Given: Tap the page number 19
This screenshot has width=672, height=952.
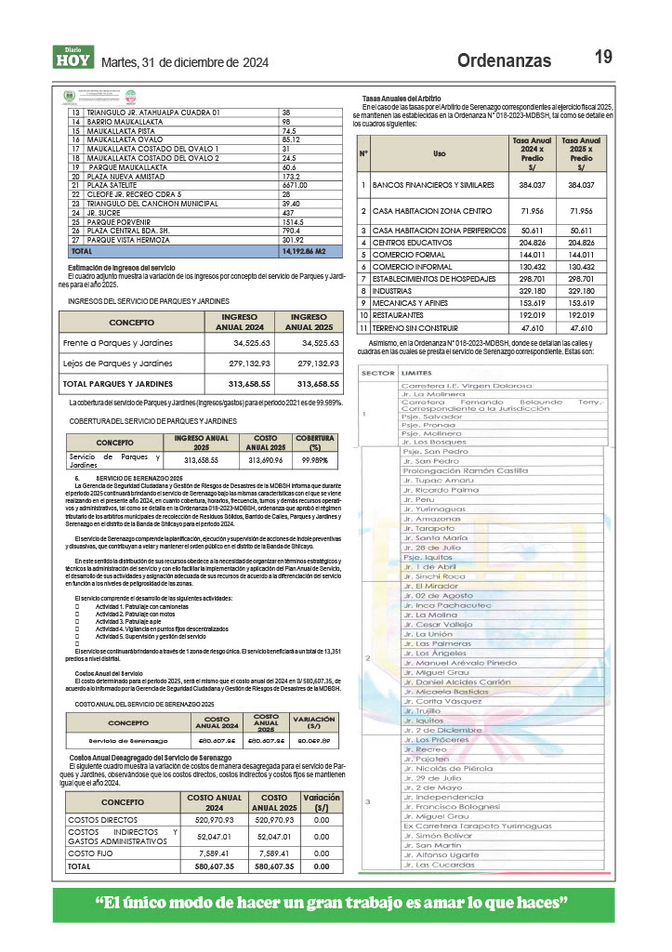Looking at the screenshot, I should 603,58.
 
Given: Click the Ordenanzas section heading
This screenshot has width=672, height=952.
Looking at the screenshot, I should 504,61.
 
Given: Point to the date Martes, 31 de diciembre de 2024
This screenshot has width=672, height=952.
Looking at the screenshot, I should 184,62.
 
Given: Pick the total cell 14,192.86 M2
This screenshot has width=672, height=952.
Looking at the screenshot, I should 308,251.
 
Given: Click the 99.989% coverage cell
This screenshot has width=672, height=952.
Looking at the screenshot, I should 316,459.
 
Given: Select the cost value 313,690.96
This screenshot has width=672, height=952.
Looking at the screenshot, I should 253,459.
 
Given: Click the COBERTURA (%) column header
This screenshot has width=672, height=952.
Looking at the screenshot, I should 316,442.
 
